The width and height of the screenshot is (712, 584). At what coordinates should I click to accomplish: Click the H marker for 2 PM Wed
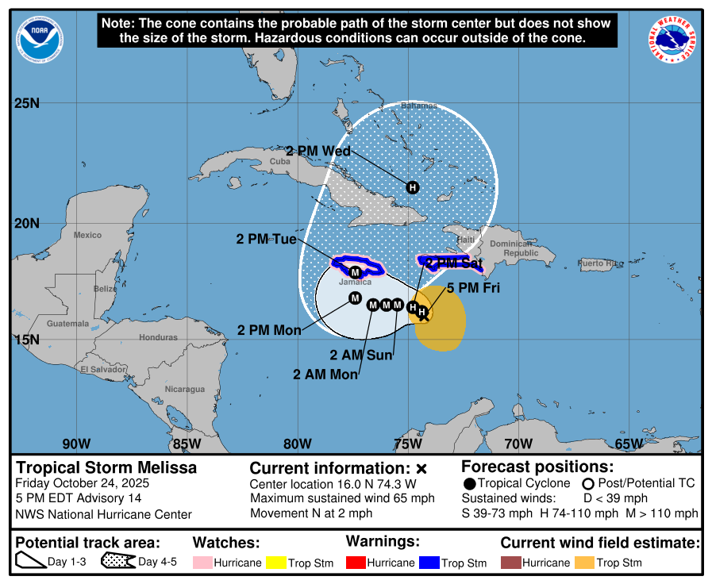click(412, 187)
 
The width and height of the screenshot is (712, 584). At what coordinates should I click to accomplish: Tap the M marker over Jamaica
click(355, 272)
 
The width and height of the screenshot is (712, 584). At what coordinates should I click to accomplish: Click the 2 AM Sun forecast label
click(361, 355)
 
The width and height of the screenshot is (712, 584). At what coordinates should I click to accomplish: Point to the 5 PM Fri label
click(473, 289)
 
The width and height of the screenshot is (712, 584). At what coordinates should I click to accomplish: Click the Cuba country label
click(279, 161)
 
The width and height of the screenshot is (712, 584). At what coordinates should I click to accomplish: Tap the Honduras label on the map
click(158, 337)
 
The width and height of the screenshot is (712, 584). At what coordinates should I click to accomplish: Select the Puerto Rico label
click(600, 263)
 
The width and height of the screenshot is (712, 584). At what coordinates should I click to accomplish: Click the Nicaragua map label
click(185, 389)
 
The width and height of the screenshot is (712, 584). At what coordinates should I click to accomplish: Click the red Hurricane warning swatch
click(353, 563)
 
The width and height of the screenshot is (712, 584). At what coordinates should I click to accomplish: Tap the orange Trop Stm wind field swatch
click(584, 563)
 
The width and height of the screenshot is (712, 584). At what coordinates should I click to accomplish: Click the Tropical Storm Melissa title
click(106, 468)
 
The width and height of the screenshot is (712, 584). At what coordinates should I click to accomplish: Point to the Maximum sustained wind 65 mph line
click(343, 499)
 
